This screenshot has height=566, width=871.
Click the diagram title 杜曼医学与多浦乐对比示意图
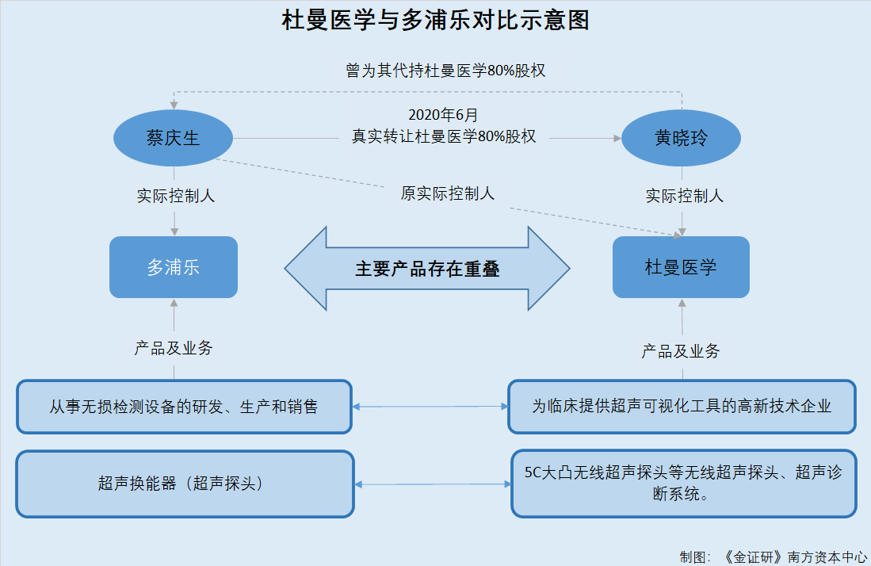[436, 21]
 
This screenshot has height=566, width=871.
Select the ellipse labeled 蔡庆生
[174, 138]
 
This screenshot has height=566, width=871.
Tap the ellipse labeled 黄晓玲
[681, 138]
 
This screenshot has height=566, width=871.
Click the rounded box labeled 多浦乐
[174, 267]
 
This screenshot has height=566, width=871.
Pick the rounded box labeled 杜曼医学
[681, 267]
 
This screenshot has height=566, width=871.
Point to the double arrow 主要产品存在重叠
[427, 268]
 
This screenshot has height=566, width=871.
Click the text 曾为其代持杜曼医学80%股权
[445, 71]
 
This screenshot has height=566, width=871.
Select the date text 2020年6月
[443, 114]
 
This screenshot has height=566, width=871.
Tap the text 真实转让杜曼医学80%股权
[444, 136]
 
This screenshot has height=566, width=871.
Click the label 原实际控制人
[448, 193]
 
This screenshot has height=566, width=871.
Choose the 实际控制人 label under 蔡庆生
[175, 196]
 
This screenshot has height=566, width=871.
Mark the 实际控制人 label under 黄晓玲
[685, 196]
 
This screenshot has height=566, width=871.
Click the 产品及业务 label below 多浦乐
[174, 348]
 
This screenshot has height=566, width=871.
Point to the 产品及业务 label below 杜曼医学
[681, 351]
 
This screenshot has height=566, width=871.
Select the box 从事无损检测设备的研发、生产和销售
[184, 407]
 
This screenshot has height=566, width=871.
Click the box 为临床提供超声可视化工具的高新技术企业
[682, 407]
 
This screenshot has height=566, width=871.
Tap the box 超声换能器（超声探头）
[185, 484]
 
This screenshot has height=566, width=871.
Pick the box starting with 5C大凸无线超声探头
[684, 484]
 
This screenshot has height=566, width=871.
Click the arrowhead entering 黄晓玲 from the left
[617, 138]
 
